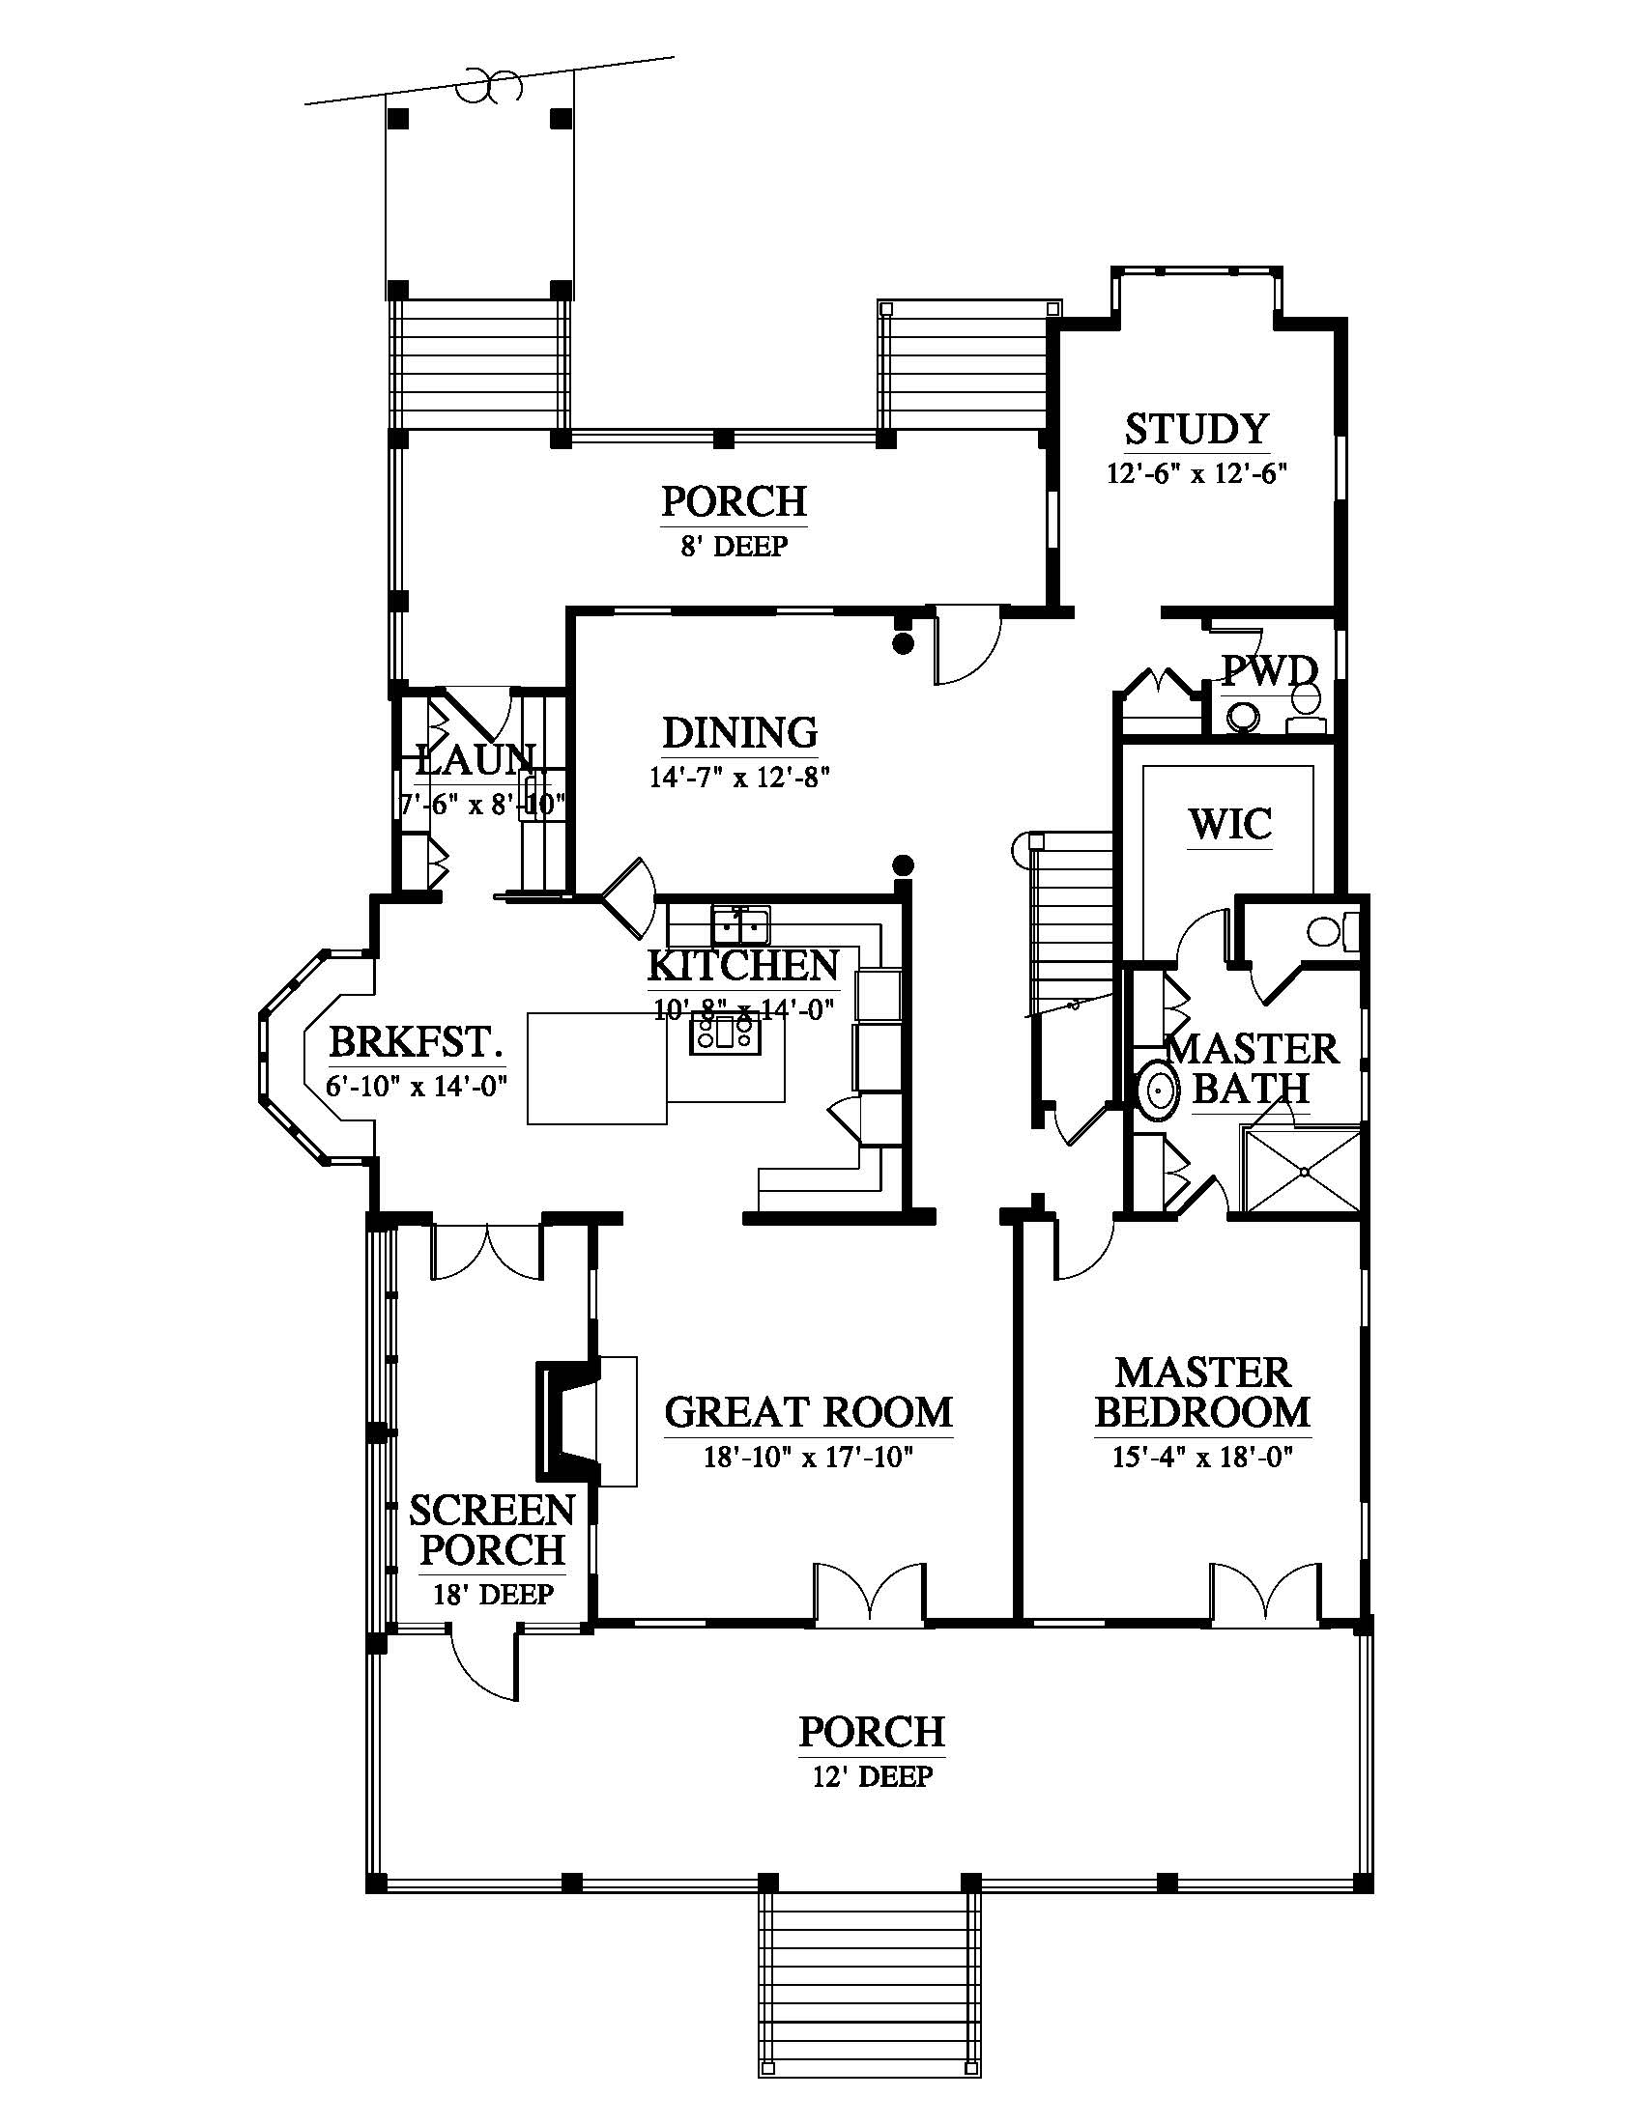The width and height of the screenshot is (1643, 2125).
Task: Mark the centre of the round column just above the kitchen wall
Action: tap(904, 863)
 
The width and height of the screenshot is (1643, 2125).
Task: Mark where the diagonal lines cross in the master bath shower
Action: tap(1303, 1172)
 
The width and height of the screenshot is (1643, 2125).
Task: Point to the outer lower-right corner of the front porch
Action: tap(1372, 1891)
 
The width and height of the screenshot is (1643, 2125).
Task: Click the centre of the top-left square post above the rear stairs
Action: tap(397, 119)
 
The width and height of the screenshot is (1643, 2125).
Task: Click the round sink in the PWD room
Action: tap(1242, 717)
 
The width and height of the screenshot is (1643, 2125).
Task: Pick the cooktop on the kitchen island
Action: tap(721, 1034)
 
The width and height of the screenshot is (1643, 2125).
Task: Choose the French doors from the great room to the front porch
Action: tap(869, 1594)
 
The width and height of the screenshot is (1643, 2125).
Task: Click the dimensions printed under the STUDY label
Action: tap(1196, 474)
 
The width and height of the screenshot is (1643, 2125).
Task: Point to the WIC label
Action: tap(1229, 824)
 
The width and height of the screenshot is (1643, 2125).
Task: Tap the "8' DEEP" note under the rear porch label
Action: tap(734, 546)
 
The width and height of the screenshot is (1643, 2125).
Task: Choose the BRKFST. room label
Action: tap(416, 1041)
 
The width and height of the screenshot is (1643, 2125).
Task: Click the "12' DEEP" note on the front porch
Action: tap(872, 1776)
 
